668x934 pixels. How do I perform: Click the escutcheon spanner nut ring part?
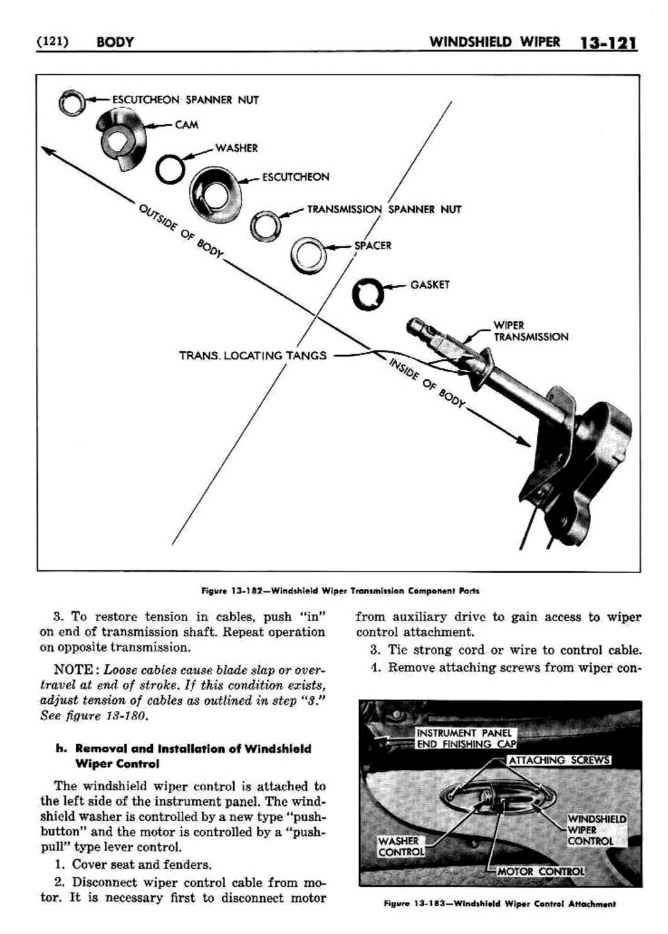pos(68,102)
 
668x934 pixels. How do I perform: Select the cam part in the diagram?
pos(120,139)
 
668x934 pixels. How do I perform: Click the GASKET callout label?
pos(430,285)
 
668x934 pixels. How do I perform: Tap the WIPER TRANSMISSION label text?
pos(530,331)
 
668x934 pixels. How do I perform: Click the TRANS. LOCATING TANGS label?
pos(253,356)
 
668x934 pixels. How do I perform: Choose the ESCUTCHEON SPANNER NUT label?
pos(186,100)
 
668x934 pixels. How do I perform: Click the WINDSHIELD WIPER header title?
pos(494,42)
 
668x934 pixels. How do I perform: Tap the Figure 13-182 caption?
pos(340,591)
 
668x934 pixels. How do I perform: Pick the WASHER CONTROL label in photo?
pos(400,847)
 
